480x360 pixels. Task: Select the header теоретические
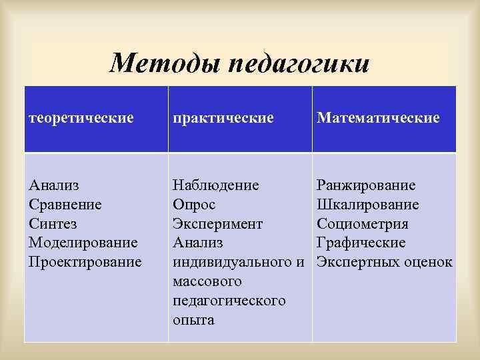pos(82,118)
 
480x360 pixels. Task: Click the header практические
pos(223,118)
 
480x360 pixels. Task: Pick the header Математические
pos(379,118)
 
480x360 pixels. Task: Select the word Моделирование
pos(84,242)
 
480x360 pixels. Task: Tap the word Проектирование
pos(86,261)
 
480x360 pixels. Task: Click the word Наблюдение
pos(216,185)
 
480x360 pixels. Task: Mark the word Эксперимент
pos(218,223)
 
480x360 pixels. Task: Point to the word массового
pos(204,281)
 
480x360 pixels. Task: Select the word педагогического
pos(229,301)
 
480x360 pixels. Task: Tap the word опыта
pos(193,320)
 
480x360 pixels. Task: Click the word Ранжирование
pos(367,185)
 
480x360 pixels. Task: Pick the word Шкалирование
pos(368,204)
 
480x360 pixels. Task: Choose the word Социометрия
pos(363,223)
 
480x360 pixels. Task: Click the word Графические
pos(361,242)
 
